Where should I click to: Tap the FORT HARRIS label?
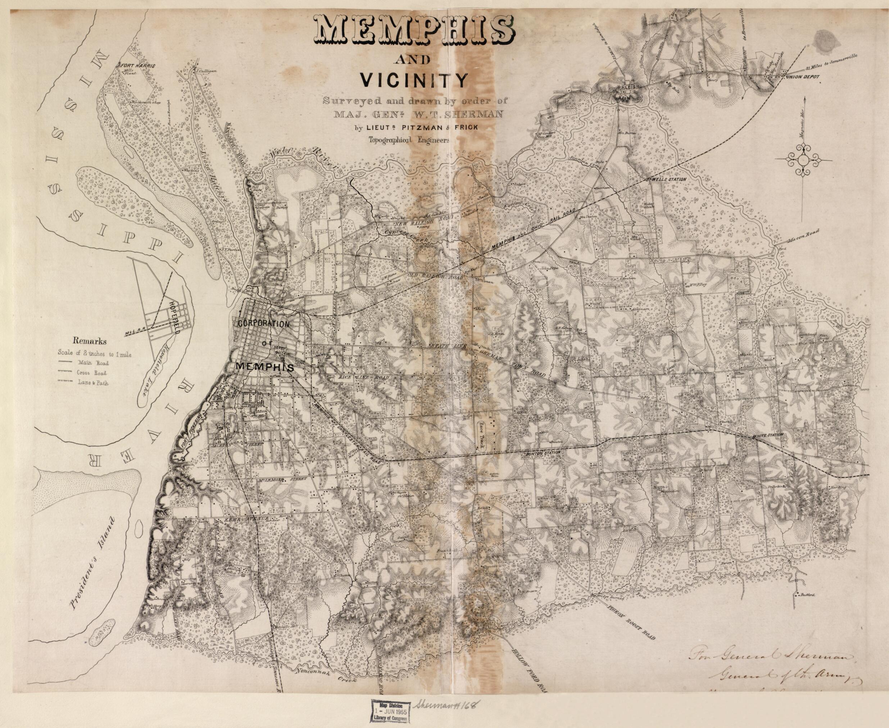[x=137, y=66]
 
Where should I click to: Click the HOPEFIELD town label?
[x=174, y=316]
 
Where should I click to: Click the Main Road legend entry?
[x=87, y=363]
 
